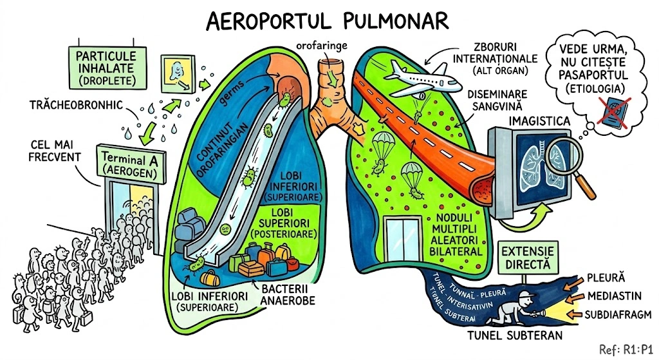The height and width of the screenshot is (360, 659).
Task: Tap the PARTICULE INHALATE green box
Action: (106, 66)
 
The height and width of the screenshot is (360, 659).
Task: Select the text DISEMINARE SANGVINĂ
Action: (490, 98)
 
